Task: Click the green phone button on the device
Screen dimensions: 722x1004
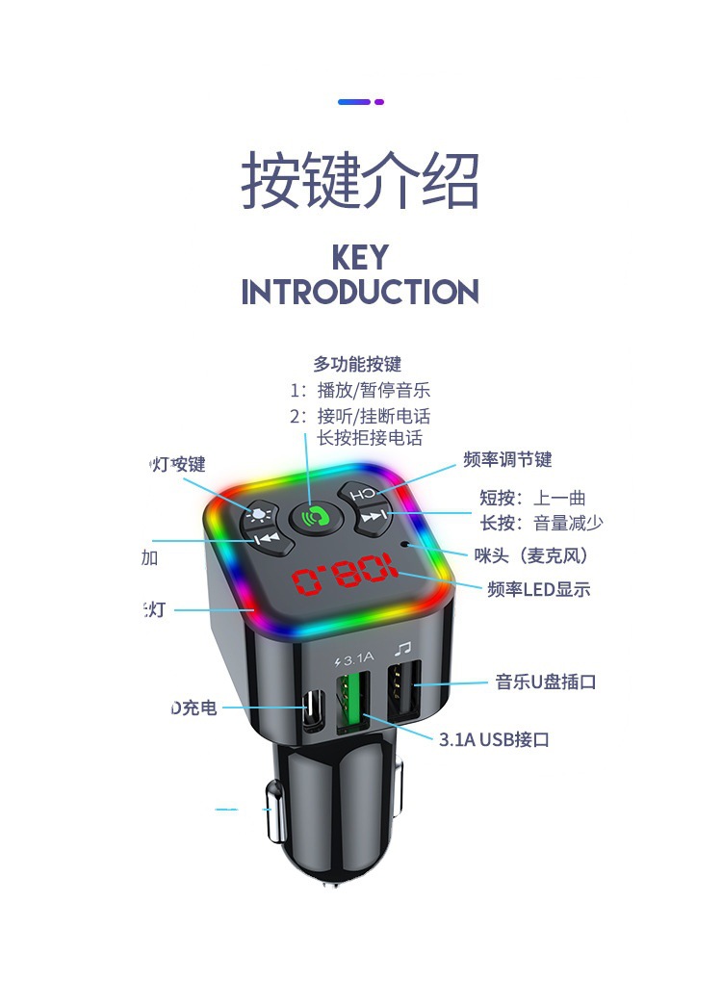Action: tap(310, 517)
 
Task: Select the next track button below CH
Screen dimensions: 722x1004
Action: tap(373, 518)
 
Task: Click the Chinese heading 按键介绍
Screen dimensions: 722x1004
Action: tap(360, 180)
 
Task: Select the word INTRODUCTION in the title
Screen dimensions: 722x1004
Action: tap(360, 292)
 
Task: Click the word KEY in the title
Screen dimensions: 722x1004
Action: tap(360, 258)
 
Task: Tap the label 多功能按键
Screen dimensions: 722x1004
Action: tap(357, 364)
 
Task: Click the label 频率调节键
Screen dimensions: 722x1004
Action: tap(507, 459)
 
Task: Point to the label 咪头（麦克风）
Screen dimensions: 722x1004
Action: tap(530, 555)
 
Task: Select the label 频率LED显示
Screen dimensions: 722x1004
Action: tap(538, 589)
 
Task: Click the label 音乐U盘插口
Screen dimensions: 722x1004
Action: tap(546, 682)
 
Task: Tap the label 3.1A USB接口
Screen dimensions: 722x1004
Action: tap(494, 739)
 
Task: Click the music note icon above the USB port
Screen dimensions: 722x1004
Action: tap(403, 650)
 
